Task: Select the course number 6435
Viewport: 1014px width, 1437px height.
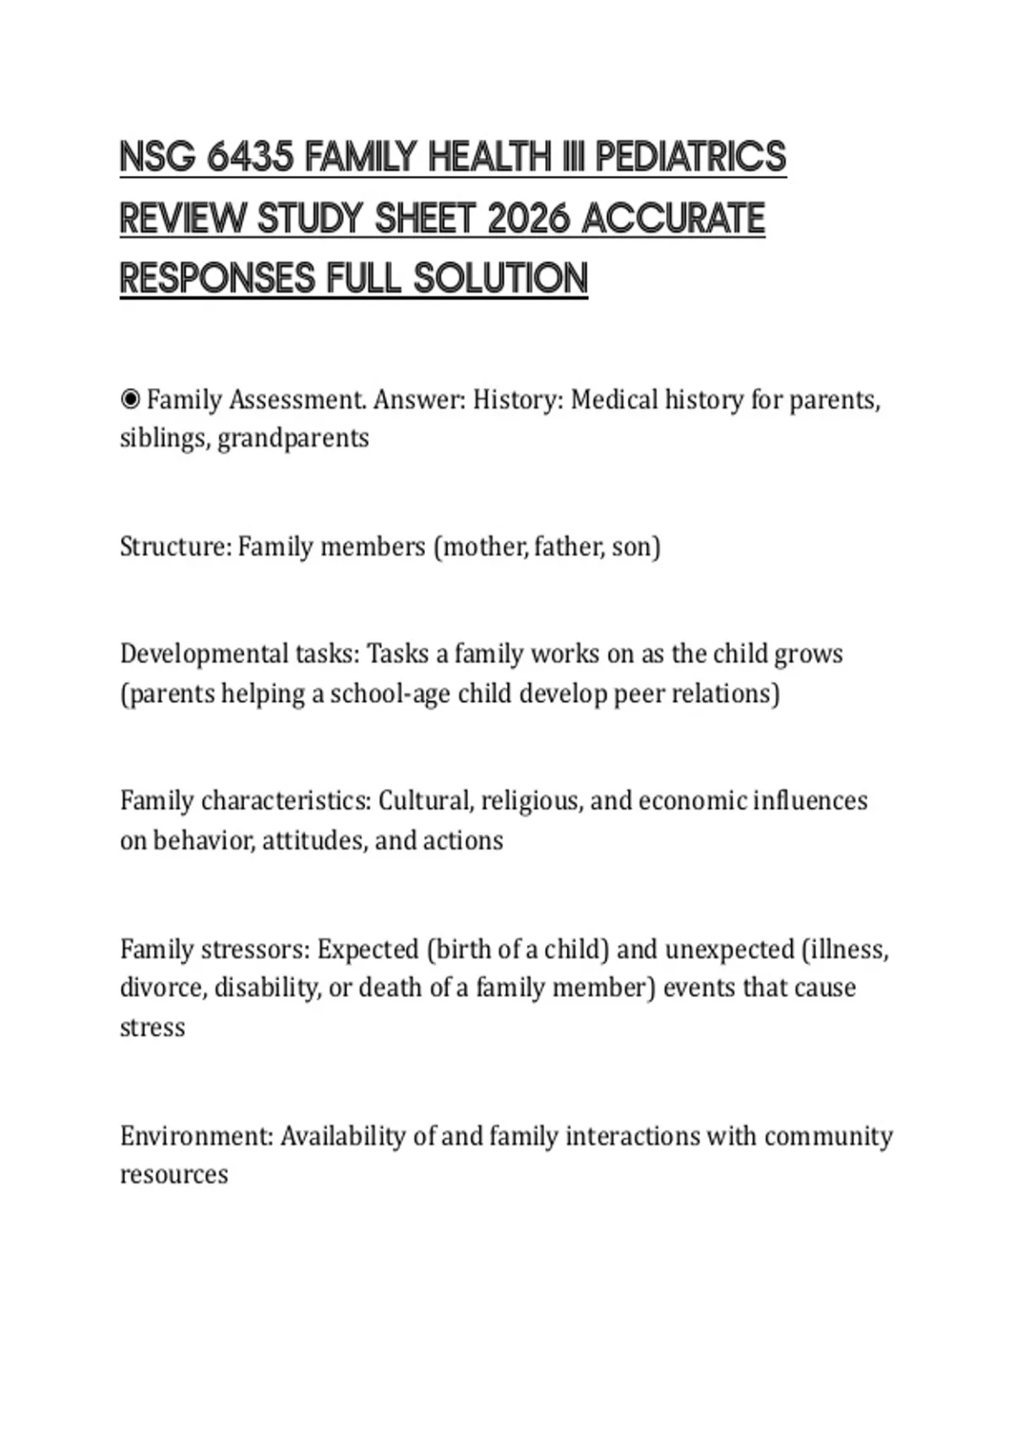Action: (250, 157)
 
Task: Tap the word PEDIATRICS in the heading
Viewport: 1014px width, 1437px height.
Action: (690, 157)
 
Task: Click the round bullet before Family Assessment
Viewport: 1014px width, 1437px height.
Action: (130, 399)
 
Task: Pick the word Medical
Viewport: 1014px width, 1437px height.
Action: (614, 399)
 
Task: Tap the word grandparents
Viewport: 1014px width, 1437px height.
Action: (293, 439)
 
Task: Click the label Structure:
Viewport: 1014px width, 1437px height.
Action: (175, 547)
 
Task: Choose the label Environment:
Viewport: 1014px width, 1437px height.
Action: (197, 1136)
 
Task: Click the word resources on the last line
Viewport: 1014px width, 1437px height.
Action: (174, 1175)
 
